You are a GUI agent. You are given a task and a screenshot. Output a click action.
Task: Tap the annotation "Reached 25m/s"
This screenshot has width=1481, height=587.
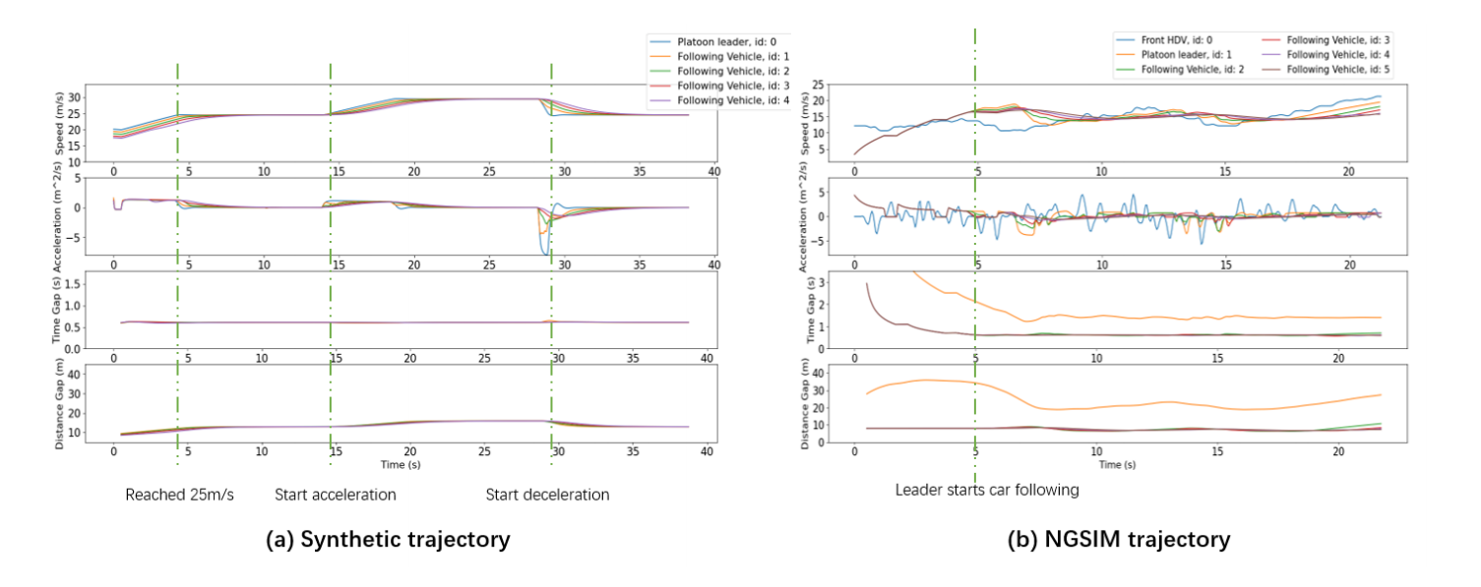point(179,495)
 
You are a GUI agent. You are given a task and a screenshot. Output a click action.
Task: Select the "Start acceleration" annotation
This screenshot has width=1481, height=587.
point(335,495)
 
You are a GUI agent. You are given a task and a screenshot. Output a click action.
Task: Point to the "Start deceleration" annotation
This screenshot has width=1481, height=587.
point(547,495)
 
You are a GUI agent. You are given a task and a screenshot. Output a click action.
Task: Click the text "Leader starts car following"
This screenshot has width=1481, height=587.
point(987,489)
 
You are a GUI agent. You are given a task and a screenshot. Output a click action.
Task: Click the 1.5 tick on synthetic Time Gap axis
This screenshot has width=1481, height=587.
point(71,284)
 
